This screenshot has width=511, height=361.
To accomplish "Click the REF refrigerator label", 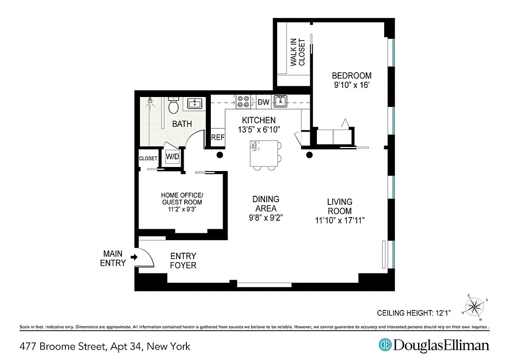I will pos(218,138).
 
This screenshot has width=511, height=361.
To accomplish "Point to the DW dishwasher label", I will pos(263,102).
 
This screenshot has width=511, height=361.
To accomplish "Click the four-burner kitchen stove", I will pos(243,101).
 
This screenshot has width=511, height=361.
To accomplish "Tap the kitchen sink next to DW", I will pos(281,101).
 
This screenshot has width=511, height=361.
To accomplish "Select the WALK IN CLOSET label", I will pos(297,52).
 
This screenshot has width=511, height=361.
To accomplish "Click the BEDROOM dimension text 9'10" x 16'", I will pos(352,84).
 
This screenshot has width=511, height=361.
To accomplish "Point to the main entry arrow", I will pos(134,257).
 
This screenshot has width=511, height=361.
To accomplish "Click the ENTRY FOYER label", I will pos(183,261).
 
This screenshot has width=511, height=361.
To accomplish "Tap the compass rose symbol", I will pos(475,306).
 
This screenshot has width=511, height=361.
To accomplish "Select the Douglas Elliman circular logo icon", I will pos(385,346).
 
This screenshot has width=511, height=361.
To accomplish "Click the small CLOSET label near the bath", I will pos(148,158).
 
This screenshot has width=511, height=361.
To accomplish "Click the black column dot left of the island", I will pos(220,155).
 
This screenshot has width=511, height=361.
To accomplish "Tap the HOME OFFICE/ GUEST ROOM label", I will pos(182,199).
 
